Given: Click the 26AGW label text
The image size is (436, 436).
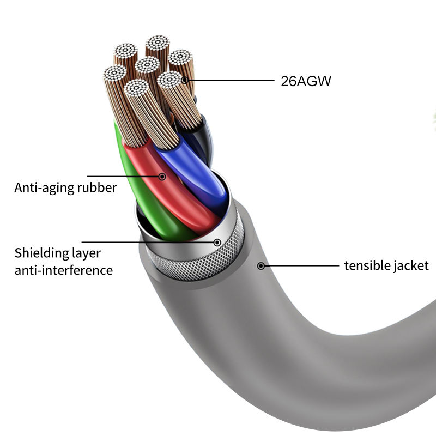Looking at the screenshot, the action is [x=306, y=82].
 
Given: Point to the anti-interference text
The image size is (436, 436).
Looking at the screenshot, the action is [x=64, y=270].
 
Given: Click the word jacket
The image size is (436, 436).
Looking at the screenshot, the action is [x=410, y=266].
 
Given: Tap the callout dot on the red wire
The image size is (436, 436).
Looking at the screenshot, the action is [x=162, y=176].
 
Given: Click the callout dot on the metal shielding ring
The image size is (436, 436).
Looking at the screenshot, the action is [x=217, y=242].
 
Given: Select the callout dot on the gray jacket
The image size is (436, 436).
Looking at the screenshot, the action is [x=261, y=266].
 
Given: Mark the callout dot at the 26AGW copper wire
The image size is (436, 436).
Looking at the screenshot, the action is [x=185, y=81].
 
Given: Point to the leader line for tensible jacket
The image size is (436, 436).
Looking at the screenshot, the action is [x=300, y=266].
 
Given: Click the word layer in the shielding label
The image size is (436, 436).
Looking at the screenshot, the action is [x=87, y=253].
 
